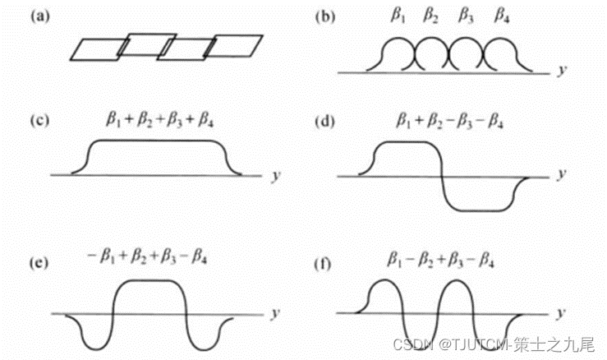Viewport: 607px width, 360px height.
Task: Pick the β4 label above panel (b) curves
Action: (500, 16)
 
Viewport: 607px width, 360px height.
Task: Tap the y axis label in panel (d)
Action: (561, 175)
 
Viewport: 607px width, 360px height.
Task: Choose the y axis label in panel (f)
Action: (561, 315)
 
